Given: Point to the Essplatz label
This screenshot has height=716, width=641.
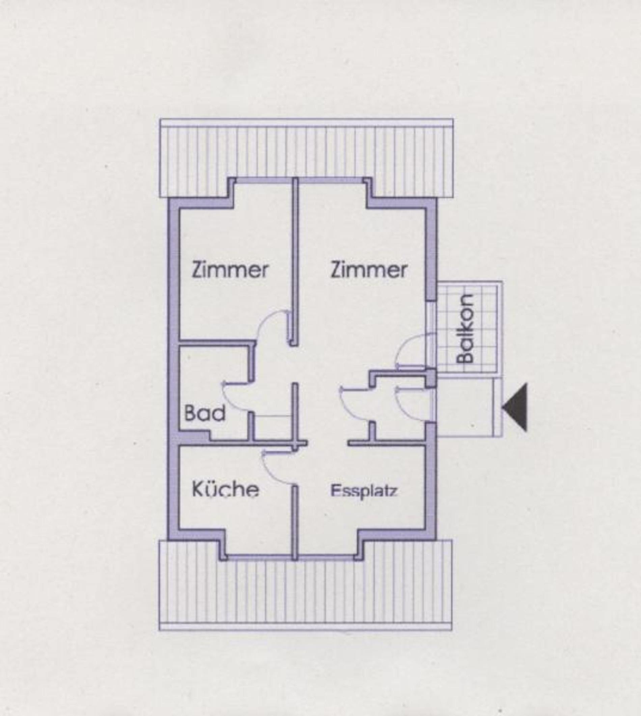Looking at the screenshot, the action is tap(364, 491).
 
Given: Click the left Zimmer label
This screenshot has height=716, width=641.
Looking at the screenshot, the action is tap(230, 270).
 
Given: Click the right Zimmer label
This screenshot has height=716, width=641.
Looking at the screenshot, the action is tap(369, 270).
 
